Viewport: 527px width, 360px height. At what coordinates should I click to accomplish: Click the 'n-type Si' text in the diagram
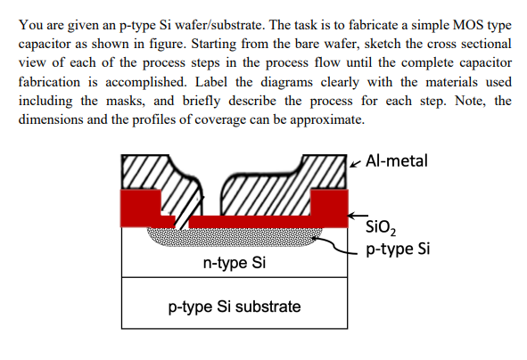[234, 264]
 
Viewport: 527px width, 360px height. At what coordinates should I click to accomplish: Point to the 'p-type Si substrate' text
[234, 307]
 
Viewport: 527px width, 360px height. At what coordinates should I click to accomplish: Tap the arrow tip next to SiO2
[351, 216]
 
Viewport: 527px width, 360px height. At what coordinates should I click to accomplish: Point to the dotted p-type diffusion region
[232, 234]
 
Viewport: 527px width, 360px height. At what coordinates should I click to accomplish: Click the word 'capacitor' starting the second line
[45, 44]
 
